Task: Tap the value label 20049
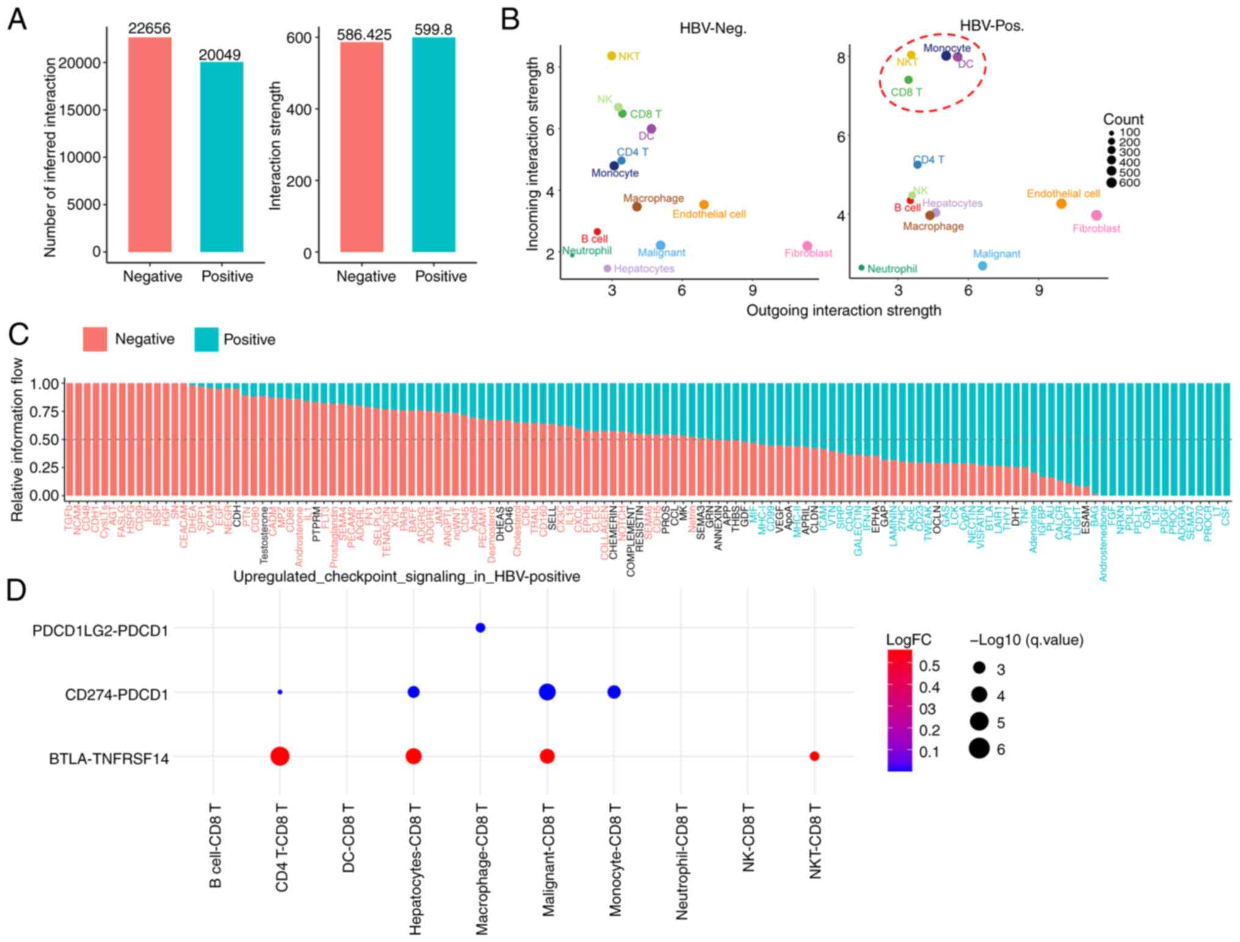point(220,55)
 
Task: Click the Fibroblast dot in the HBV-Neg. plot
point(807,246)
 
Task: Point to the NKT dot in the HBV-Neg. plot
point(611,56)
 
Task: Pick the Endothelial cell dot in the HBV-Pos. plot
point(1061,204)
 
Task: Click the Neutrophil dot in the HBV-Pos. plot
point(861,268)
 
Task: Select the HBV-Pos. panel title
point(992,26)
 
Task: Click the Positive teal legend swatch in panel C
point(206,339)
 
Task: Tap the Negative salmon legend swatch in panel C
point(95,339)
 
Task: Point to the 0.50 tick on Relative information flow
point(45,440)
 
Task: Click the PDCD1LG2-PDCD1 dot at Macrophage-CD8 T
point(480,627)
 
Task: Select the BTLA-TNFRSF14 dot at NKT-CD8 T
point(814,756)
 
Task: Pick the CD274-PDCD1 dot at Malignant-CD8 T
point(547,692)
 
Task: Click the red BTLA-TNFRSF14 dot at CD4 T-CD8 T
point(279,756)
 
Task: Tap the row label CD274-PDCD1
point(117,694)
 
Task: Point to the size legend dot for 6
point(979,748)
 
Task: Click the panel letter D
point(16,590)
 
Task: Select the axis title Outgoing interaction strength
point(843,310)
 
